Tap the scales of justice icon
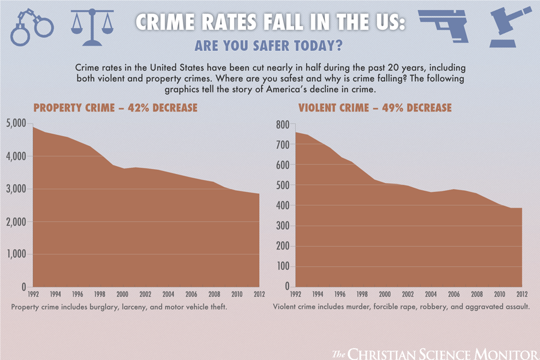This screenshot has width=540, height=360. pyautogui.click(x=91, y=27)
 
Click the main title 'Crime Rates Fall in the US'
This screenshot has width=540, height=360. pyautogui.click(x=270, y=22)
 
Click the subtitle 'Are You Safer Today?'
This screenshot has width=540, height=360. pyautogui.click(x=270, y=46)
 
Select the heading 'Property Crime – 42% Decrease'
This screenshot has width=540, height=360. pyautogui.click(x=115, y=108)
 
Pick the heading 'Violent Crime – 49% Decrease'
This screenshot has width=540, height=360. pyautogui.click(x=374, y=108)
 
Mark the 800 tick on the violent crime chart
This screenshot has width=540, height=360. pyautogui.click(x=283, y=124)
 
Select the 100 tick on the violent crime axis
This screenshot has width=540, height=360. pyautogui.click(x=283, y=266)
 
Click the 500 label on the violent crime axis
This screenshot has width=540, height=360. pyautogui.click(x=283, y=185)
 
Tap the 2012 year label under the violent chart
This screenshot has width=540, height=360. pyautogui.click(x=522, y=295)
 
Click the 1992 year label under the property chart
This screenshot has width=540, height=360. pyautogui.click(x=34, y=295)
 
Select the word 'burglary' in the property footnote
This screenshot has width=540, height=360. pyautogui.click(x=98, y=307)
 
